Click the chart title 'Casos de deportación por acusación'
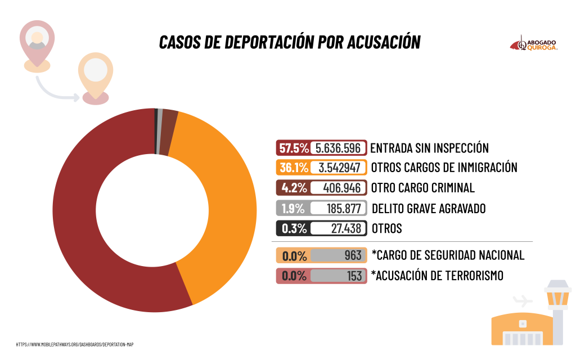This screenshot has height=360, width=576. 290,42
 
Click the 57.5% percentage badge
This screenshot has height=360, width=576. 293,148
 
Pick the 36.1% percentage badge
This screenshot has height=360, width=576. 293,168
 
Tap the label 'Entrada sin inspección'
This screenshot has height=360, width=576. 429,148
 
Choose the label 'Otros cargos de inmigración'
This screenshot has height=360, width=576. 444,168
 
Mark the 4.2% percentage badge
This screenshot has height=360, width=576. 293,187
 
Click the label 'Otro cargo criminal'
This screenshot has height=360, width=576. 423,187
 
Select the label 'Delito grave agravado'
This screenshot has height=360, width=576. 429,209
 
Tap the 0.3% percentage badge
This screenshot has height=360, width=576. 293,229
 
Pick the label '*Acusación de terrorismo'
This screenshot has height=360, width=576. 437,276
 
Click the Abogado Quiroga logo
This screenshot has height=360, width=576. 534,45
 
